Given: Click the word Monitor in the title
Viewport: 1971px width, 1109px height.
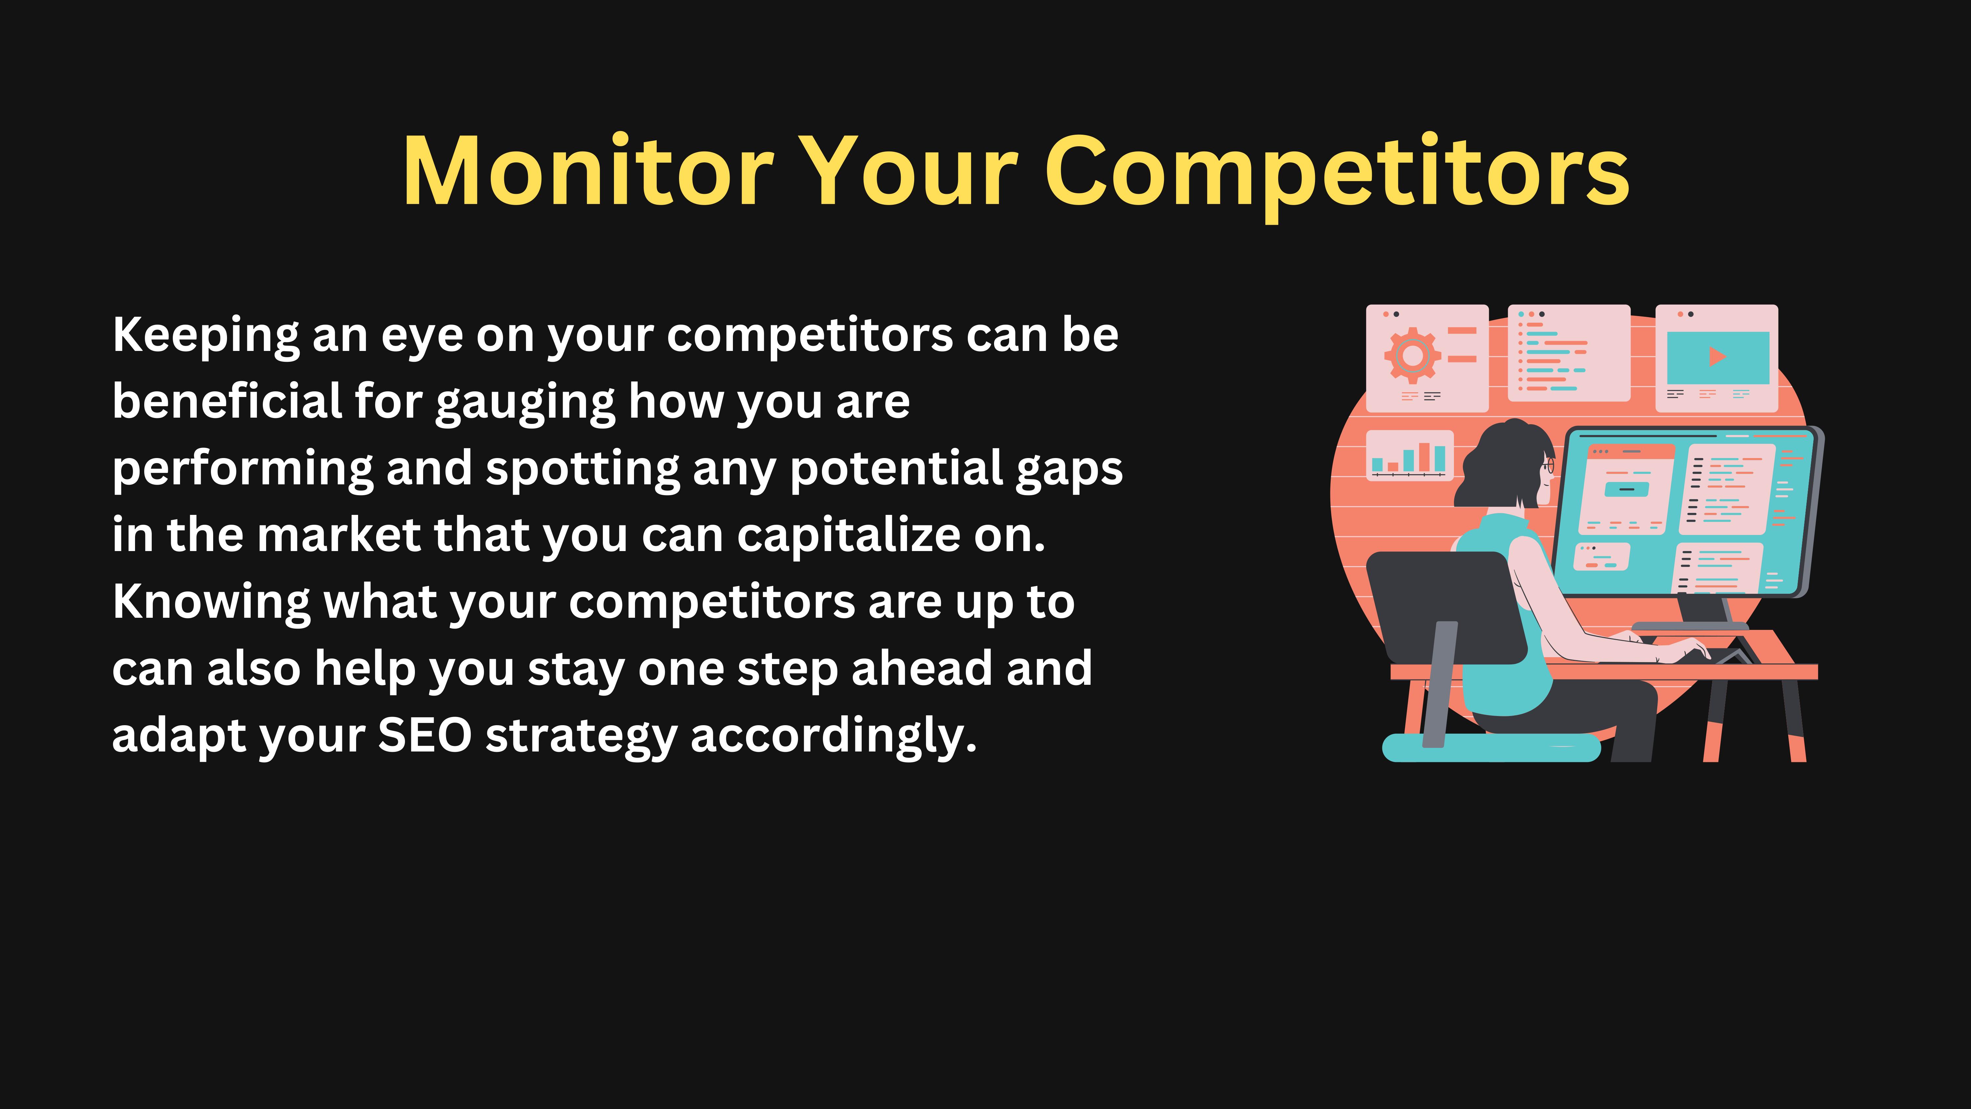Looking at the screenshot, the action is pos(588,171).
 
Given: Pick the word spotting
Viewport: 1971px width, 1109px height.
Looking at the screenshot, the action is pos(582,469).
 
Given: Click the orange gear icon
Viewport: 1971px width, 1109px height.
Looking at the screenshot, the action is pos(1413,355).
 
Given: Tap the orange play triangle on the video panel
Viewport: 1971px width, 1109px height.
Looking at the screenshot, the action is pos(1717,356).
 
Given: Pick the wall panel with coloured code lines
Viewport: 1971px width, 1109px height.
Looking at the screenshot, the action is pos(1569,353).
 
